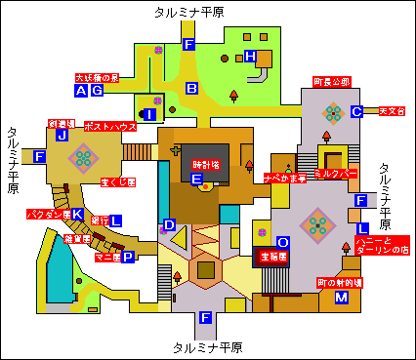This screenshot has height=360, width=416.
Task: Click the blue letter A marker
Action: [x=81, y=91]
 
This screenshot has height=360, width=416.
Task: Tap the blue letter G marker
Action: [x=96, y=91]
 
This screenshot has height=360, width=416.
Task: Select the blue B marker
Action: [x=192, y=89]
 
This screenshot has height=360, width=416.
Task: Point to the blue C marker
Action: [x=357, y=111]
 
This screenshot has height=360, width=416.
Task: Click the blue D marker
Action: [x=169, y=225]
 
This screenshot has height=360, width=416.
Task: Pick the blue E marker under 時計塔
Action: [x=197, y=180]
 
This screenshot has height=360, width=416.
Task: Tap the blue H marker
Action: [x=250, y=57]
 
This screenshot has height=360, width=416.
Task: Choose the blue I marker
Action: [x=149, y=114]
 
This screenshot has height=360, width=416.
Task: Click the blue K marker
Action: [x=77, y=214]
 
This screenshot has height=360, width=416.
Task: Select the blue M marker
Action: [x=342, y=297]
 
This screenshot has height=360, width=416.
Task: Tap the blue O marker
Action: [x=283, y=241]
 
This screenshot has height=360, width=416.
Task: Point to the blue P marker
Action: [x=128, y=257]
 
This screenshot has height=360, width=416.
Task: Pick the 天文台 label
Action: [x=391, y=111]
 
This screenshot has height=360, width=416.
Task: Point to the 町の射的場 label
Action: [x=339, y=282]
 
